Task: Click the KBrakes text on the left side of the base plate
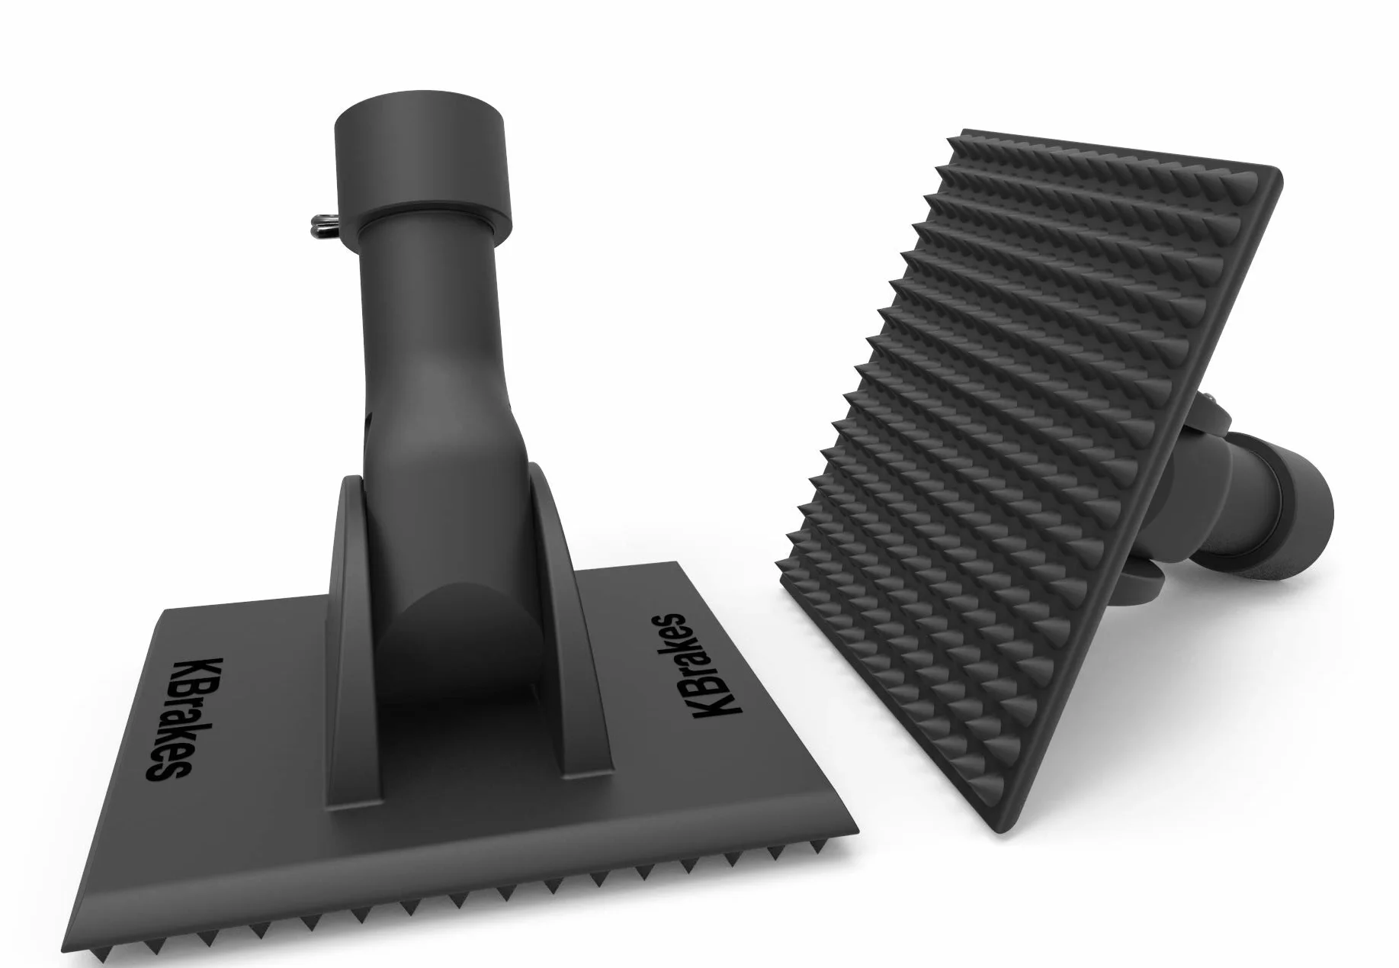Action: (x=165, y=718)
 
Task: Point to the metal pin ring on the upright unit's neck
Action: (x=324, y=224)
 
